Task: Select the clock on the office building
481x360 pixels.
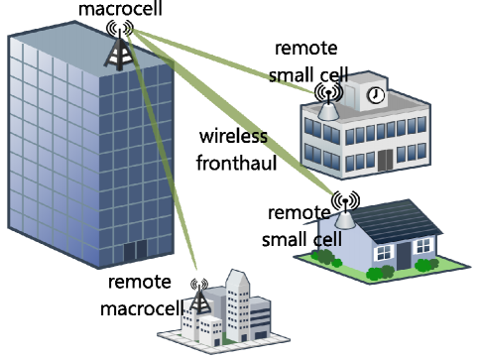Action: [376, 95]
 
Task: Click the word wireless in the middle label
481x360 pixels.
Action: [233, 136]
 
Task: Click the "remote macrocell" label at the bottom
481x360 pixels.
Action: [144, 295]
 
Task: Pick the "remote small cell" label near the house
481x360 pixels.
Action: [301, 226]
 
